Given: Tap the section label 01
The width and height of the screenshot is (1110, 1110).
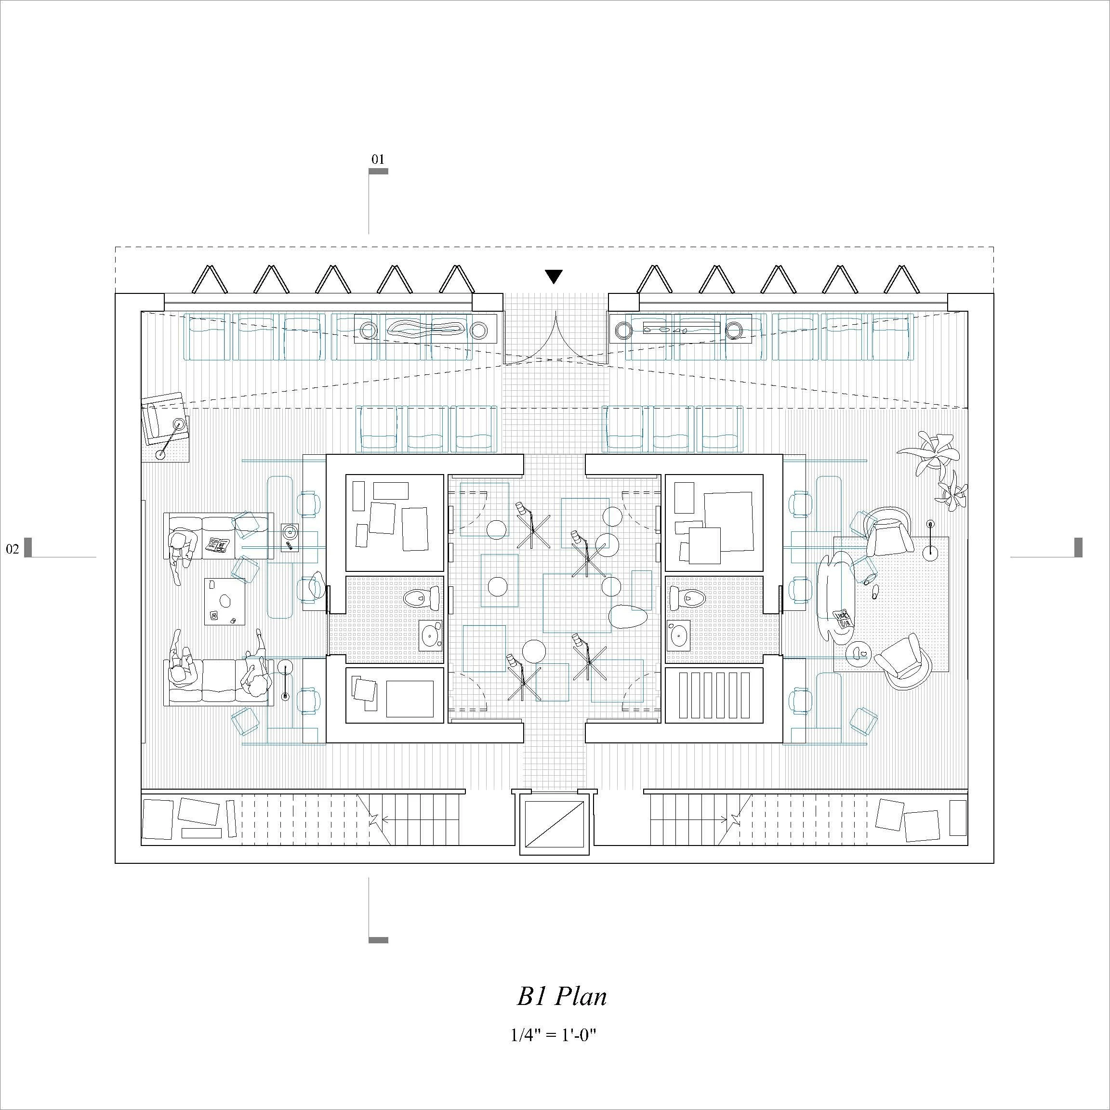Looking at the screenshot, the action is (378, 159).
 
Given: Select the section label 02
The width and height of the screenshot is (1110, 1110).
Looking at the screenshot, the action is (12, 549).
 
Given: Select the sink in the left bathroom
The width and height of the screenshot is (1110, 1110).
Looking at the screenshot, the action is (430, 635).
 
